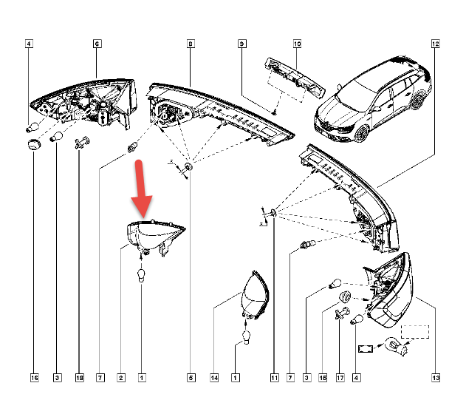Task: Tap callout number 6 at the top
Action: click(97, 44)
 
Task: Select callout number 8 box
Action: click(191, 44)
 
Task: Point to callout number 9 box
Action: click(242, 44)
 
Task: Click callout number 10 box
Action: click(297, 44)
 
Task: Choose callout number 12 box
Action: click(436, 44)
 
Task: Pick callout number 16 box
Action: click(35, 378)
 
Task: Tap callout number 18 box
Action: click(79, 378)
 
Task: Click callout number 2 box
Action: click(121, 378)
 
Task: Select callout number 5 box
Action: click(191, 378)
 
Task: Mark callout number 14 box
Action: click(214, 378)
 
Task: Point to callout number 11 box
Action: click(274, 378)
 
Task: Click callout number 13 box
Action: click(436, 378)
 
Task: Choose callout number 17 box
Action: click(340, 378)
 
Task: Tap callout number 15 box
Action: click(323, 378)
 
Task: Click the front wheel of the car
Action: click(362, 134)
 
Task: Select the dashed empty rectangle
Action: click(415, 332)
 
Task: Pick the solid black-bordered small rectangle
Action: click(366, 348)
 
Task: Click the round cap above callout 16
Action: click(34, 145)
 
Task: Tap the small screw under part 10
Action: click(275, 112)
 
